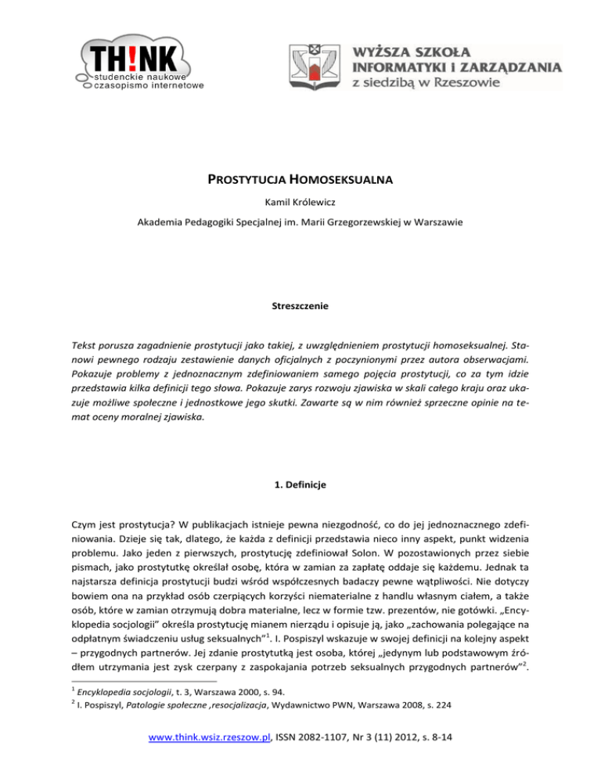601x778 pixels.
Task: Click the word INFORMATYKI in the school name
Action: (406, 65)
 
